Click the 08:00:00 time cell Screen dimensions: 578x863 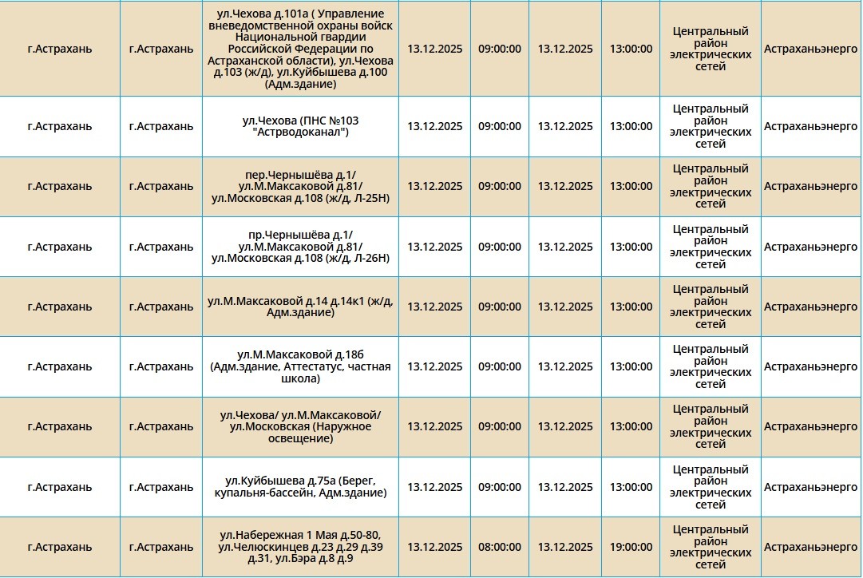(499, 548)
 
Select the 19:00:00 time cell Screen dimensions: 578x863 (631, 548)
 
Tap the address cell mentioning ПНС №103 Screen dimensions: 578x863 (300, 126)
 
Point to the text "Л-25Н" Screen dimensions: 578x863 (370, 198)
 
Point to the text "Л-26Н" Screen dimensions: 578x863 (370, 258)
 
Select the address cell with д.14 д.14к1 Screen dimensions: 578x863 (300, 307)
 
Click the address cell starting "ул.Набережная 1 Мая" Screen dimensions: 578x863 (300, 548)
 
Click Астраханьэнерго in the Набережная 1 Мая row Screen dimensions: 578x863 (810, 548)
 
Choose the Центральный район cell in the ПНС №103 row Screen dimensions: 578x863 (711, 126)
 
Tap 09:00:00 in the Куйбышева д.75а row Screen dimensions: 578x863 (499, 487)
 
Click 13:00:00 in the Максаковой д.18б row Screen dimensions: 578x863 (631, 366)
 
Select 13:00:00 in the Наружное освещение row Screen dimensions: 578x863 (631, 427)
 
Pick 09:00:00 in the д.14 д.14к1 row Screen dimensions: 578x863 (499, 307)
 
